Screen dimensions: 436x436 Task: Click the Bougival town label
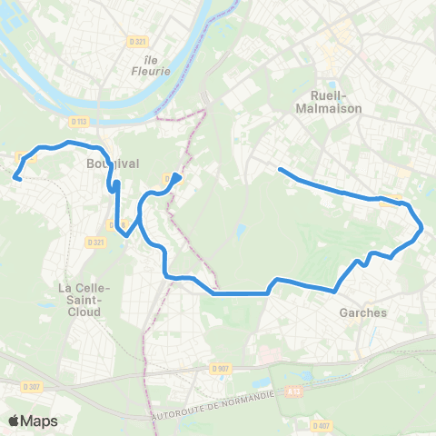coord(112,164)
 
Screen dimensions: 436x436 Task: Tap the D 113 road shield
coord(76,120)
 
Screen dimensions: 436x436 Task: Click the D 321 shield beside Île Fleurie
coord(138,41)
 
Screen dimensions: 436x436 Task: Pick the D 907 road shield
coord(219,368)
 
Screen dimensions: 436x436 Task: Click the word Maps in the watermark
coord(39,421)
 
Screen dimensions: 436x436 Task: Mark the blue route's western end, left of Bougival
coord(16,178)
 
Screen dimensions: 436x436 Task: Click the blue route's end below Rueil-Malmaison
coord(279,170)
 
